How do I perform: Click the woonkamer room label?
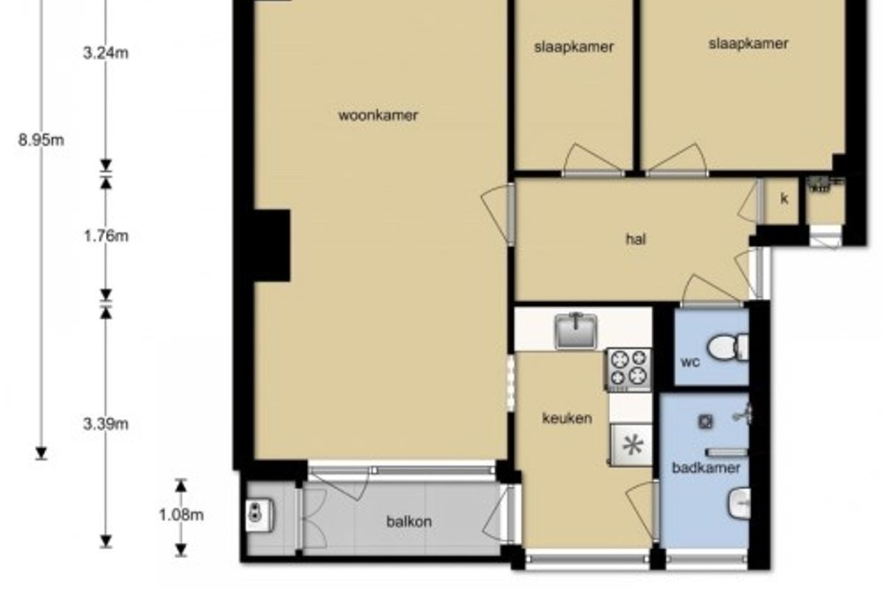(378, 116)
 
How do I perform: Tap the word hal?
(636, 239)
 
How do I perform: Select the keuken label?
(567, 418)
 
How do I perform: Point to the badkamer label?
(706, 468)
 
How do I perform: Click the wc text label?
(690, 361)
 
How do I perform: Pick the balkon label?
(409, 522)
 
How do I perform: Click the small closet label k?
(784, 199)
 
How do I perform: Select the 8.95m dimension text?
(41, 140)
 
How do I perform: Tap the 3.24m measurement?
(106, 53)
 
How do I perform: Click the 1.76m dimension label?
(106, 236)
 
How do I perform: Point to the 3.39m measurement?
(106, 424)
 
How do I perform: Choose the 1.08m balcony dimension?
(181, 515)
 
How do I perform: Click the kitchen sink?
(576, 331)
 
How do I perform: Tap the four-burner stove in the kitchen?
(628, 370)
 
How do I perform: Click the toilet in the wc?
(728, 348)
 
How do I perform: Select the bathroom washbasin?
(739, 504)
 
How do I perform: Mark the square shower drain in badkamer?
(706, 422)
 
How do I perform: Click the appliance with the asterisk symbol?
(632, 445)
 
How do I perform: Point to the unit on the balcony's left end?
(259, 515)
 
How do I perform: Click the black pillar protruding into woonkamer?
(272, 246)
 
